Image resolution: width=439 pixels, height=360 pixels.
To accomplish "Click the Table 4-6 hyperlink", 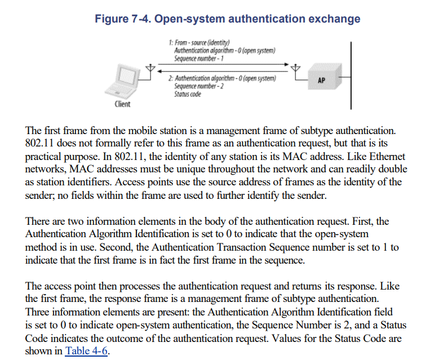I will [86, 351].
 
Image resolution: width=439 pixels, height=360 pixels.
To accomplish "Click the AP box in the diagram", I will [322, 81].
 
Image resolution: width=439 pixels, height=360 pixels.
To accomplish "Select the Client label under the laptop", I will [122, 104].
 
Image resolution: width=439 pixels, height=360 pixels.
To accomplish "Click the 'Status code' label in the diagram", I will [188, 94].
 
